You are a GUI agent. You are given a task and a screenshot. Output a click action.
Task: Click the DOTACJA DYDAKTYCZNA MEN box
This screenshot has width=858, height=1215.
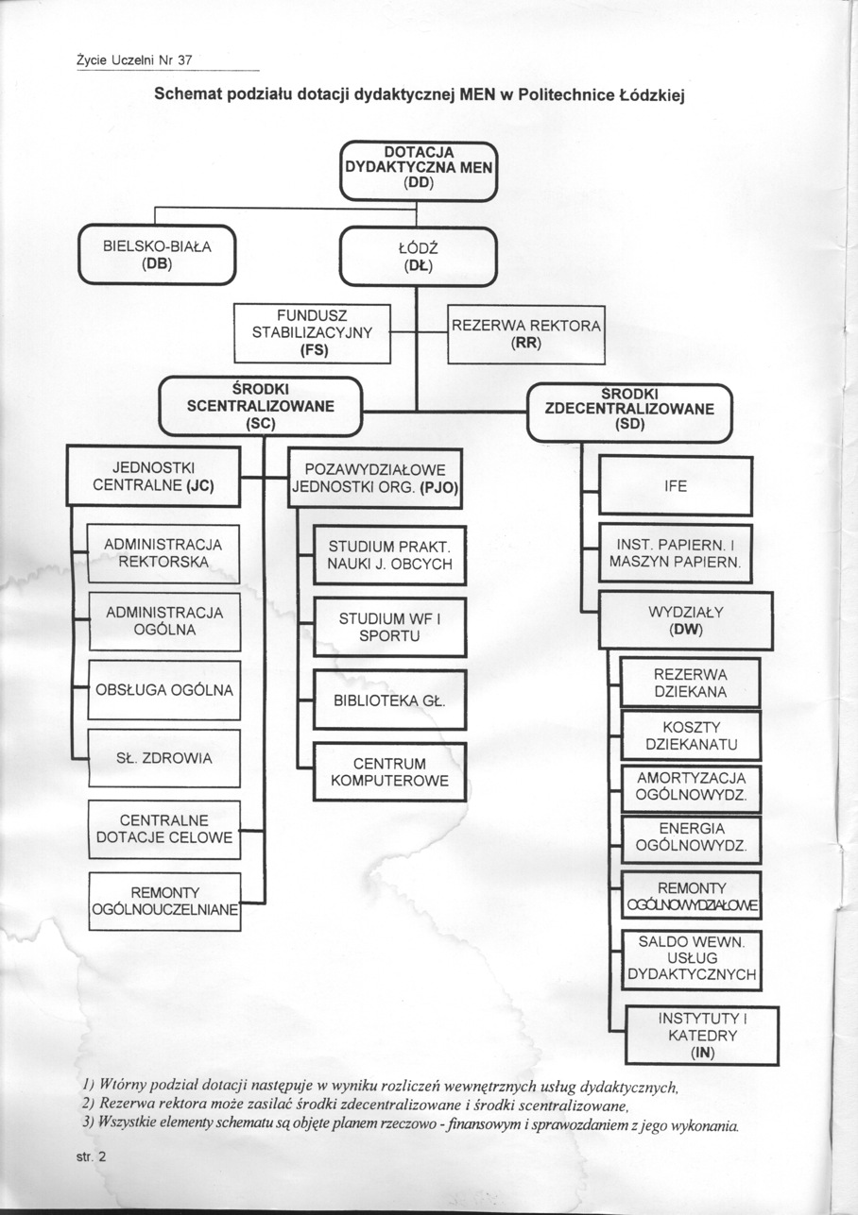point(417,170)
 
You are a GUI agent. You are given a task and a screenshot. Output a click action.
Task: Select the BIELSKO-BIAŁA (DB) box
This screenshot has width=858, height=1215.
point(157,255)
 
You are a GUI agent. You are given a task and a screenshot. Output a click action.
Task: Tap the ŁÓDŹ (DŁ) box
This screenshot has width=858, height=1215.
point(417,255)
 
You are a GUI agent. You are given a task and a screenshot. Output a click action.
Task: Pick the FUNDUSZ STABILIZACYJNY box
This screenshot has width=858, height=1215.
point(313,332)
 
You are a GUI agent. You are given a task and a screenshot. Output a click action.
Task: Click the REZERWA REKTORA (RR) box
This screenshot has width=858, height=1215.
point(525,334)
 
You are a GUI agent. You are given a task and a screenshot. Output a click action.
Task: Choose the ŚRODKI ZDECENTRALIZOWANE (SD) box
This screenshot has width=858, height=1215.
point(629,413)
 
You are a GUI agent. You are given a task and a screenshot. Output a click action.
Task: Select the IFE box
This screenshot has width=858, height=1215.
point(676,486)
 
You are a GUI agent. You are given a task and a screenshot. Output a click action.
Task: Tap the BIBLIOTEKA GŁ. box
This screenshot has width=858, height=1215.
point(389,700)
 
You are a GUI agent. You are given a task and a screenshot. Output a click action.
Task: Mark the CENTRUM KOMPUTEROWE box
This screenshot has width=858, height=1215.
point(389,771)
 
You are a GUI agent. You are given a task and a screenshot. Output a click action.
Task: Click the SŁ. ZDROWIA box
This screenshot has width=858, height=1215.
point(163,758)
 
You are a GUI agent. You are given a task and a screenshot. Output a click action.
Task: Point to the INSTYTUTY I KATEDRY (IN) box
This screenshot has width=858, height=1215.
point(702,1035)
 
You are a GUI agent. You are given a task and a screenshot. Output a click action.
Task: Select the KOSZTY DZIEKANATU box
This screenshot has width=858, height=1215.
point(690,736)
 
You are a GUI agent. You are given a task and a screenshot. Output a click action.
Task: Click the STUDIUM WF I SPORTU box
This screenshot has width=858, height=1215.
point(389,628)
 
